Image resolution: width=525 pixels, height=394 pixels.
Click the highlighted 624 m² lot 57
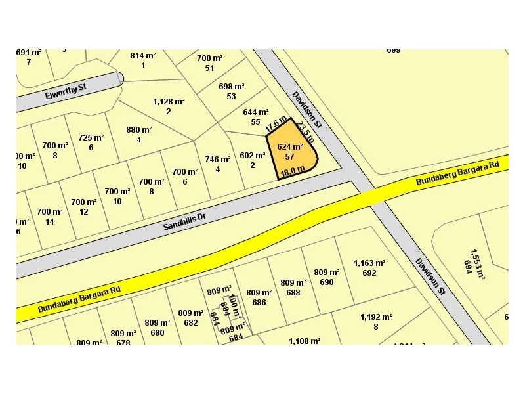290,152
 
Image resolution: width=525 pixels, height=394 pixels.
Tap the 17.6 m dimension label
276,124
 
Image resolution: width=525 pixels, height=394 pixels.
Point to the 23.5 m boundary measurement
305,131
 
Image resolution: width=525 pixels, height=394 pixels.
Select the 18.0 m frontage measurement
293,171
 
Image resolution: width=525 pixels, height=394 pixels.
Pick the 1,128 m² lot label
169,106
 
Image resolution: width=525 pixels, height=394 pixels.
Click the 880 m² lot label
138,135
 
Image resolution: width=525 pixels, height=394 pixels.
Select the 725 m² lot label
91,142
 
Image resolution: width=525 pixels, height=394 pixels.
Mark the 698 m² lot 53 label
231,91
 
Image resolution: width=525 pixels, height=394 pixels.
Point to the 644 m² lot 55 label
255,117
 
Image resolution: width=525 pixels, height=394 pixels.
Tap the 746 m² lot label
217,164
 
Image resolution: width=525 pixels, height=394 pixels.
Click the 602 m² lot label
252,160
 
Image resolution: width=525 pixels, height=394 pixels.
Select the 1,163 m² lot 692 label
369,268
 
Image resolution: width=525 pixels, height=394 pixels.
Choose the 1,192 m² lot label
376,321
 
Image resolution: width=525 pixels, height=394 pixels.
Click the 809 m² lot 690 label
327,277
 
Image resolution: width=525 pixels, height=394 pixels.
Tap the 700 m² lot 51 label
210,63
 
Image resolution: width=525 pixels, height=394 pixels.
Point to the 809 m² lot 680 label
157,327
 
